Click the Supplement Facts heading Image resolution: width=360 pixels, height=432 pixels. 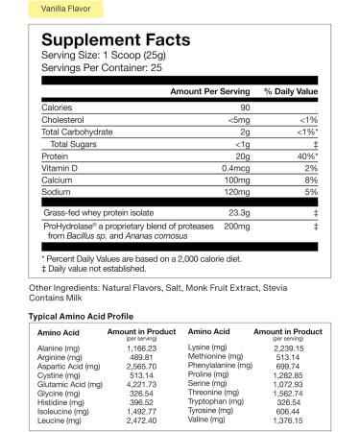click(110, 43)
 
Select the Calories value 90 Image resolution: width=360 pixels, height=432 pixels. click(246, 107)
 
